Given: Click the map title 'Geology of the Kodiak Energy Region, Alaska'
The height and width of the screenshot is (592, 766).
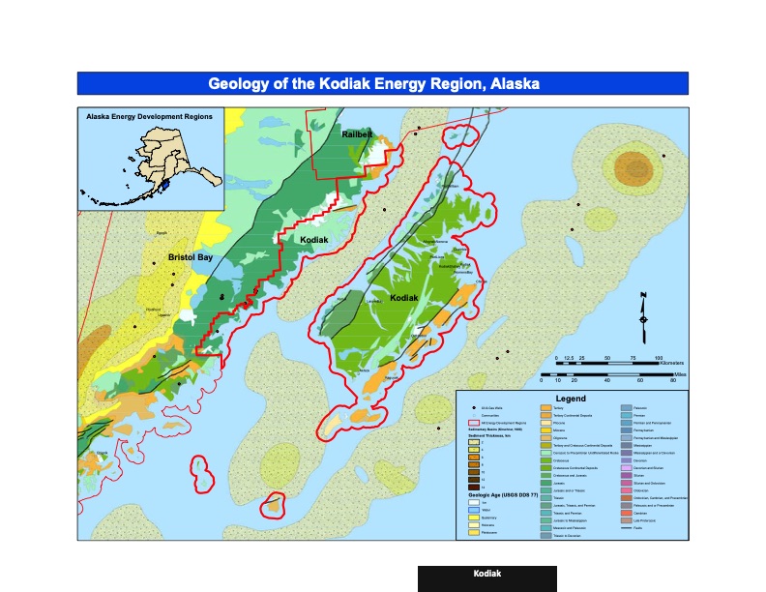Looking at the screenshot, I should tap(382, 83).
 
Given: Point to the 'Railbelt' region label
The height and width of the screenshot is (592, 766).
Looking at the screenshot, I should tap(357, 135).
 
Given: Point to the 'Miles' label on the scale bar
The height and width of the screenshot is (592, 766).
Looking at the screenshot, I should tap(679, 372).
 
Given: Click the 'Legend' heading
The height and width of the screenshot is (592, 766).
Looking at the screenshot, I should tap(571, 399).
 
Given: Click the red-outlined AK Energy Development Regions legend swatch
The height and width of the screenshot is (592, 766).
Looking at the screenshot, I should tap(474, 423).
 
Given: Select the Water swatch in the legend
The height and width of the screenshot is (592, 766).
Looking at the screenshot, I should tap(474, 510).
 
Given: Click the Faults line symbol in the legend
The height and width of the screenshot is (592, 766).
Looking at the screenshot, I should tap(626, 528).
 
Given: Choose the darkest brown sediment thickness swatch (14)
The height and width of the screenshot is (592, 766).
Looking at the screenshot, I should tap(474, 487).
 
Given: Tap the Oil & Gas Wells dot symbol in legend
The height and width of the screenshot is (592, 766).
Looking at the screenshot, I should tap(474, 408).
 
